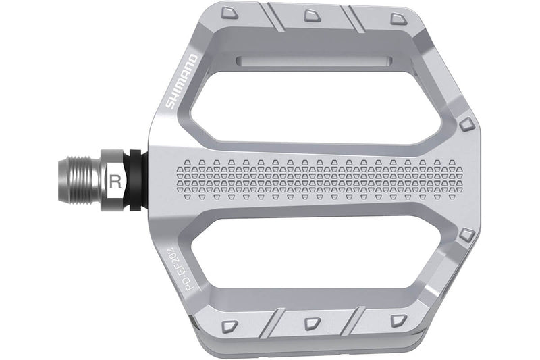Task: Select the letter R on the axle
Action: click(x=115, y=181)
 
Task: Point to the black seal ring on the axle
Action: click(x=136, y=180)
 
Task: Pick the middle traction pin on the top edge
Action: click(x=312, y=15)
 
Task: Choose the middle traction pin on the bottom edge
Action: click(x=312, y=323)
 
